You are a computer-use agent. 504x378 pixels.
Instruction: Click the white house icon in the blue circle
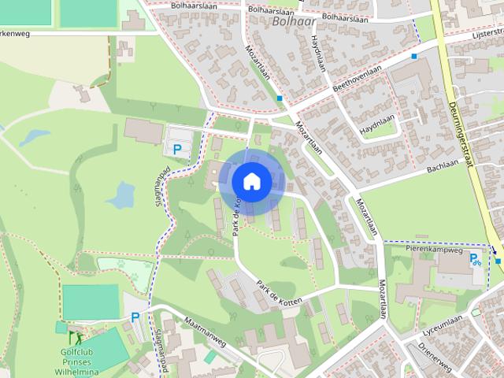tap(251, 181)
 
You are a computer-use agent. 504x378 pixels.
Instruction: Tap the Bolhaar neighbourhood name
tap(290, 21)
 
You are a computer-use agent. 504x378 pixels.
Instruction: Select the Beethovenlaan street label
tap(358, 77)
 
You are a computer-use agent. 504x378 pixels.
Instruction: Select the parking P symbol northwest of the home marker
tap(178, 148)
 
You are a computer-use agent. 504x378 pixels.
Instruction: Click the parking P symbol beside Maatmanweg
tap(135, 317)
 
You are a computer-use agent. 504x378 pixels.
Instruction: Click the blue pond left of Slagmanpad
tap(122, 195)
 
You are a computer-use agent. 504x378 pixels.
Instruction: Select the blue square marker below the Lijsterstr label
tap(413, 57)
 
